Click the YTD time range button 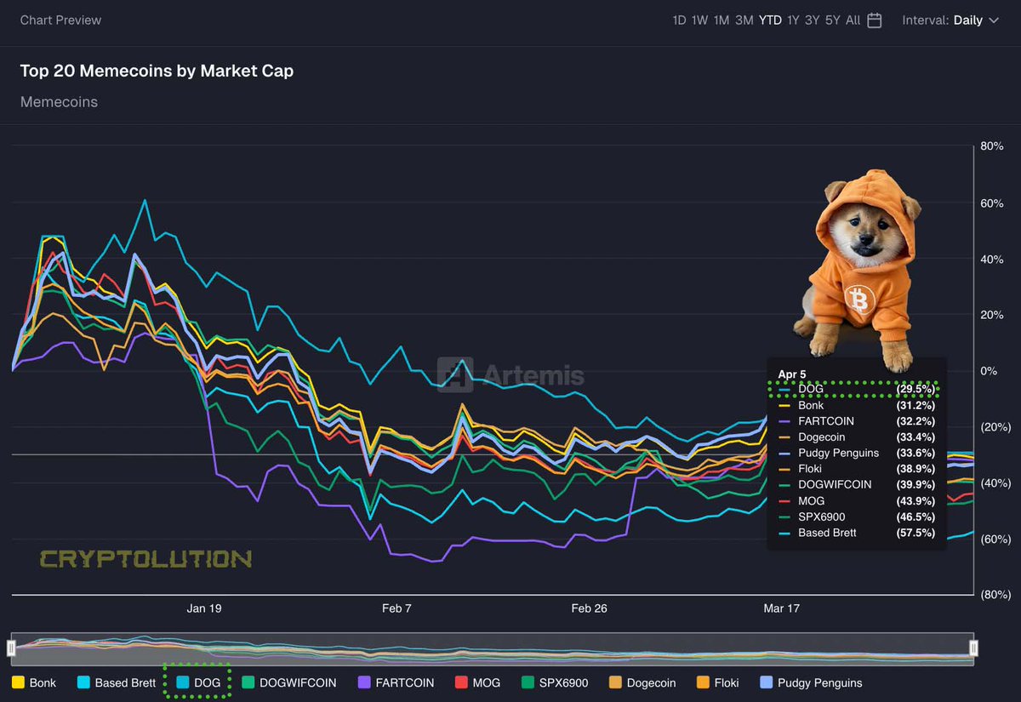(770, 20)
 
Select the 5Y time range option (831, 20)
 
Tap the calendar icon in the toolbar (875, 20)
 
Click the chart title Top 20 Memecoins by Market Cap (157, 71)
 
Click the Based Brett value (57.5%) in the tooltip (915, 533)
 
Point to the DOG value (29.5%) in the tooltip (915, 390)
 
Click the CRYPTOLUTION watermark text (145, 559)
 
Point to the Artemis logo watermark (510, 374)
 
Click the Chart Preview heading (60, 20)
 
